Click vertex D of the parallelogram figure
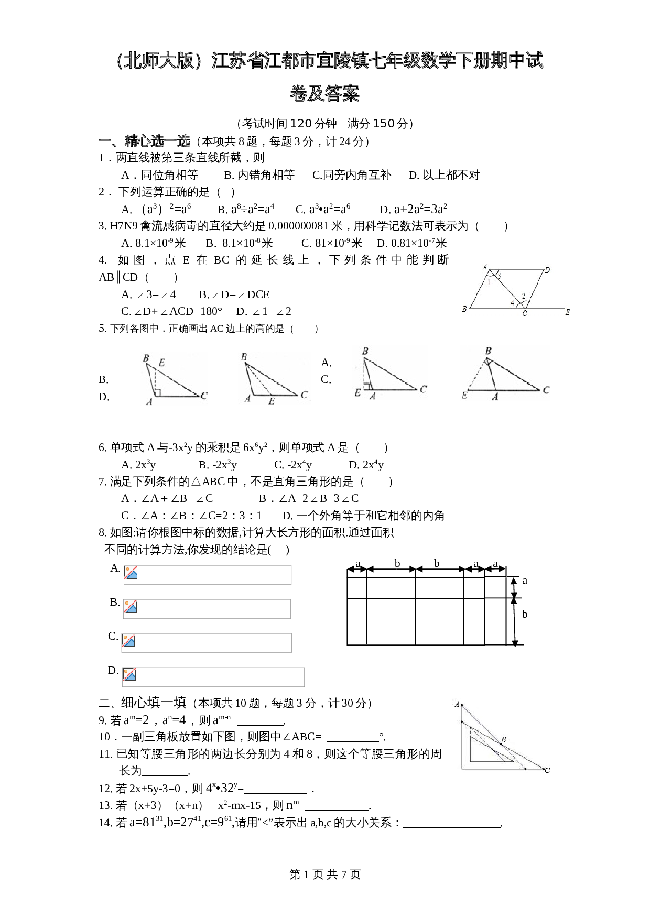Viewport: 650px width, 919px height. (x=547, y=270)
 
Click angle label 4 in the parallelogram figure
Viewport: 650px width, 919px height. (x=512, y=303)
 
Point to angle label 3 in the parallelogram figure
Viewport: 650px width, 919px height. (x=499, y=276)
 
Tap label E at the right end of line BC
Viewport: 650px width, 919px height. (x=567, y=312)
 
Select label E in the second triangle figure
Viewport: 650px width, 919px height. (x=272, y=401)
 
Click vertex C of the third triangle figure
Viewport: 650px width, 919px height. (x=422, y=390)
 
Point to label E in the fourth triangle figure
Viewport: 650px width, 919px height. (x=464, y=396)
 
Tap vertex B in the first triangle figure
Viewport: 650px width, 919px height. (x=146, y=358)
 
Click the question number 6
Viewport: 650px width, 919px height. (x=102, y=447)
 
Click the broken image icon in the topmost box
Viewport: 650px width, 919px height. (x=131, y=572)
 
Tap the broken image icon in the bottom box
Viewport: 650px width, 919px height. (x=129, y=674)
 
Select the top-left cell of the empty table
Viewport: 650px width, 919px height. (x=357, y=588)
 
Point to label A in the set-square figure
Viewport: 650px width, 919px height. (x=457, y=704)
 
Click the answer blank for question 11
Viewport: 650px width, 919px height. (x=165, y=771)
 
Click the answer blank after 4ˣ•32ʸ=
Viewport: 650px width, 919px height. (x=276, y=789)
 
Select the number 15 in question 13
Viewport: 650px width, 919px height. (x=255, y=805)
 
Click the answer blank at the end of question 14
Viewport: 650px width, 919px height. (x=452, y=823)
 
